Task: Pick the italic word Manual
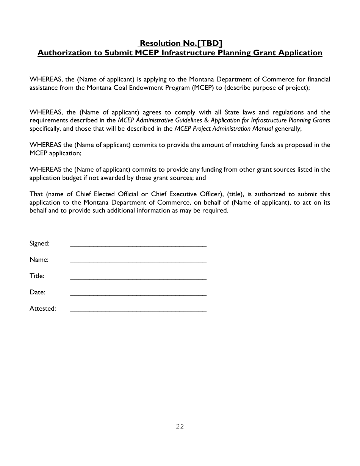(262, 128)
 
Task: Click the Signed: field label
(39, 244)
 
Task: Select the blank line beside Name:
(138, 261)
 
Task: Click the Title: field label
(37, 276)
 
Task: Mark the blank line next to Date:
(138, 294)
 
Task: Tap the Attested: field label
(43, 309)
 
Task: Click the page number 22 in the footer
(180, 427)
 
